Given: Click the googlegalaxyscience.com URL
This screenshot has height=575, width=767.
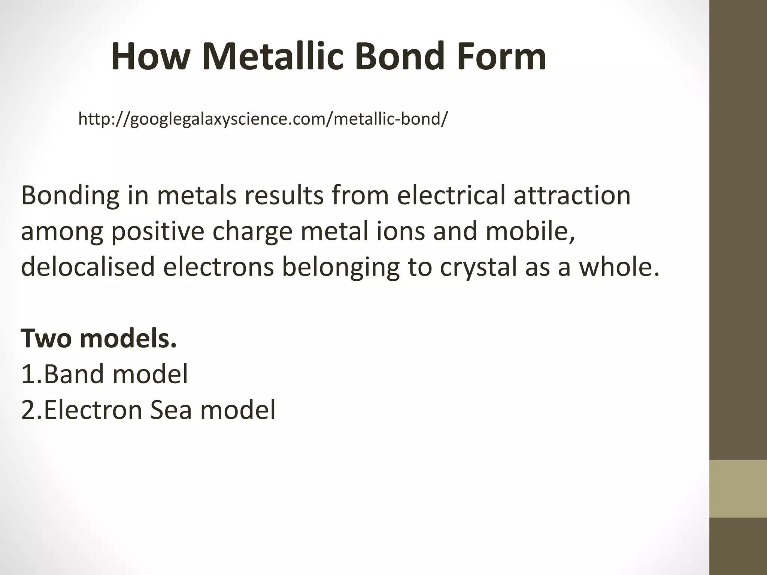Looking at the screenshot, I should (x=263, y=119).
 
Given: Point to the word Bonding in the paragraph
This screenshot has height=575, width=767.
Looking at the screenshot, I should (x=70, y=196).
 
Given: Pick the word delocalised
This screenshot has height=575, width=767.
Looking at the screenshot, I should (x=88, y=267).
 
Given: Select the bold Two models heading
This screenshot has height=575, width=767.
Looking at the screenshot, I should (x=98, y=338).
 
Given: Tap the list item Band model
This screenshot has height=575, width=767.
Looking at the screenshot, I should (x=115, y=374).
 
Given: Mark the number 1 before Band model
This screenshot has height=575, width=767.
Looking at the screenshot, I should (x=28, y=374).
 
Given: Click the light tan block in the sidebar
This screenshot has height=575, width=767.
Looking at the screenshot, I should (x=738, y=489).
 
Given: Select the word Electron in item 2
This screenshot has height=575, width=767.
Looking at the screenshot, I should (x=93, y=410).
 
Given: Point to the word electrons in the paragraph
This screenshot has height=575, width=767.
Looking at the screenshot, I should (x=218, y=267).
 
